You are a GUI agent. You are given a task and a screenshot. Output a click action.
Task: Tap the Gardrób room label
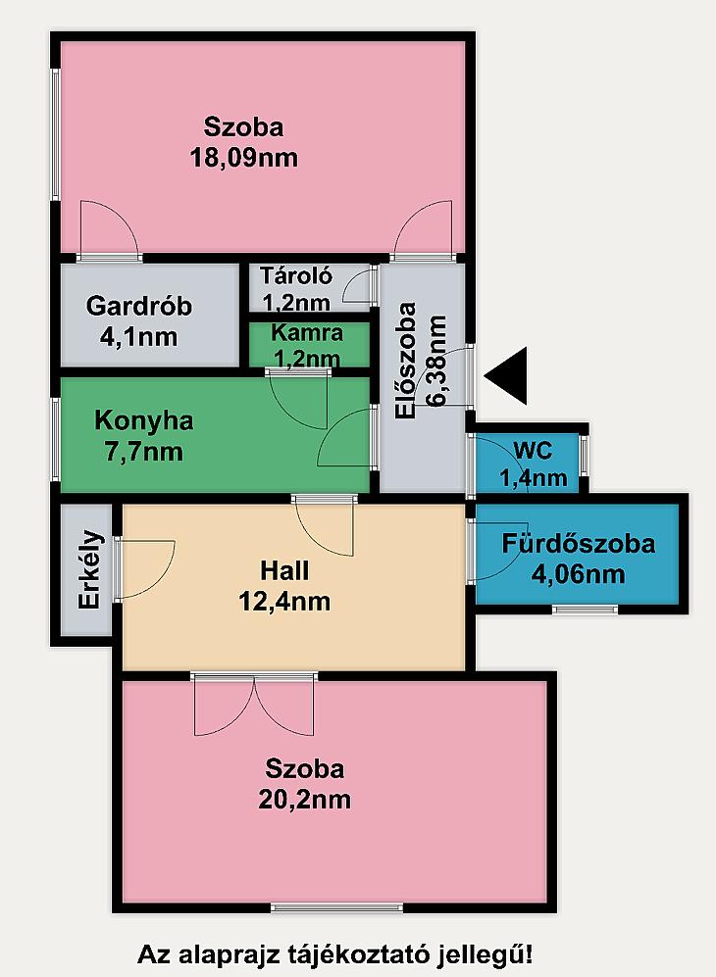coord(139,306)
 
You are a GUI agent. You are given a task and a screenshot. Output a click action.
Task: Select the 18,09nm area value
coord(244,158)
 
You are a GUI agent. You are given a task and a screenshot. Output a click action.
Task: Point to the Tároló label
coord(296,274)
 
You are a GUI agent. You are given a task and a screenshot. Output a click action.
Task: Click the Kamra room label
coord(307,332)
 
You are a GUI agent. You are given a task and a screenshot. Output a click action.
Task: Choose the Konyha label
coord(144,420)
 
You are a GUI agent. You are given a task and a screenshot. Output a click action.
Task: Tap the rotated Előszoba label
coord(406,361)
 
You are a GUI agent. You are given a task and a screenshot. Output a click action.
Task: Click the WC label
coord(534,450)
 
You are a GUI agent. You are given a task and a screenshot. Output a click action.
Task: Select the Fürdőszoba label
coord(578,543)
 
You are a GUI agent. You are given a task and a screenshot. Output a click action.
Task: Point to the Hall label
coord(284,570)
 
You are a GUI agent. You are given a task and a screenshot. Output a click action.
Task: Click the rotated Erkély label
coord(90,569)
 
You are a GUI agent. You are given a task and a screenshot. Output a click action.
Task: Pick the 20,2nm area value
coord(304,799)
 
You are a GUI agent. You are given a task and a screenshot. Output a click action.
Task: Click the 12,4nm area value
coord(284,602)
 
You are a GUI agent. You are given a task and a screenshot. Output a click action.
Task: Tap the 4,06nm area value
coord(578,573)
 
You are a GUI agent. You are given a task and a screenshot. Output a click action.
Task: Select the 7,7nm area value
coord(144,451)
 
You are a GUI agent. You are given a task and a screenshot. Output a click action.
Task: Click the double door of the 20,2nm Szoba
coord(254,705)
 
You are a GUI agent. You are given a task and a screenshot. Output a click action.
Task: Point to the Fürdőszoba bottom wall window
coord(585,609)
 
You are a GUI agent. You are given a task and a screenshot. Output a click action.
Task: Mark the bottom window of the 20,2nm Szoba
coord(336,907)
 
